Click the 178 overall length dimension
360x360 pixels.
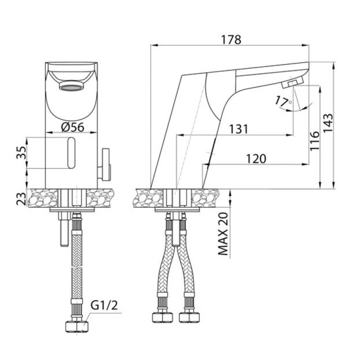coord(231,40)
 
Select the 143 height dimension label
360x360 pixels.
coord(328,123)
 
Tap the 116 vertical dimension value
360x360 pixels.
coord(315,141)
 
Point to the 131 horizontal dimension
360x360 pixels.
coord(239,129)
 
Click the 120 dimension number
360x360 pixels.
coord(256,159)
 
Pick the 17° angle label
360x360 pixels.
coord(283,101)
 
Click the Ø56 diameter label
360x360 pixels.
coord(73,127)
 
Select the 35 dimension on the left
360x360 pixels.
coord(21,153)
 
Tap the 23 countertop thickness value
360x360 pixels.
coord(21,198)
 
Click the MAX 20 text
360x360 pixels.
coord(223,234)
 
